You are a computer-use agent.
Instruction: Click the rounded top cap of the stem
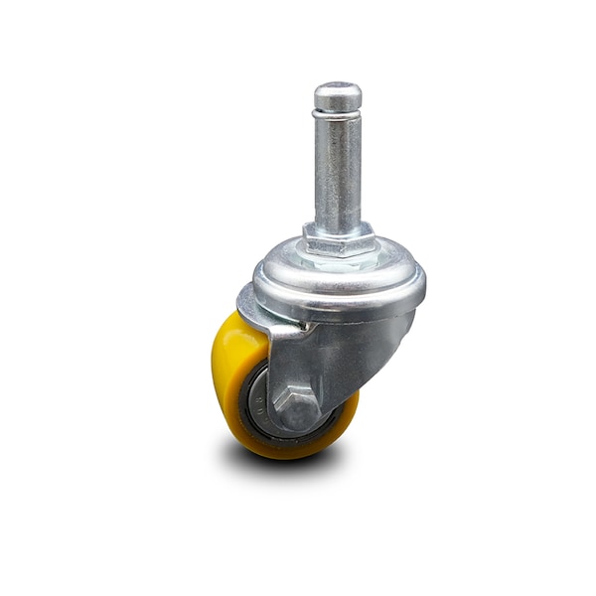(338, 95)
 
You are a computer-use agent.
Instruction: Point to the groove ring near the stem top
(338, 115)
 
